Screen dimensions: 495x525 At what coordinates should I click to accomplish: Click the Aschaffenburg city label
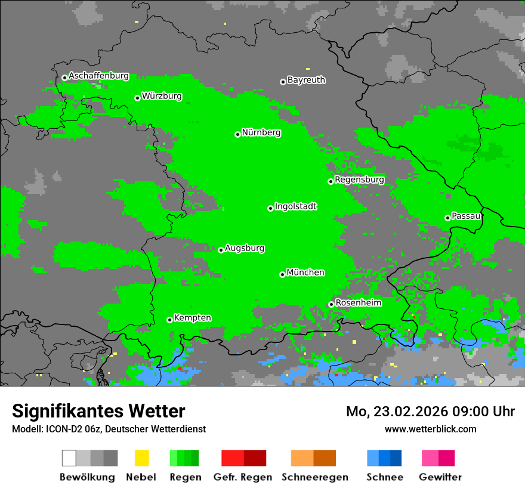98,76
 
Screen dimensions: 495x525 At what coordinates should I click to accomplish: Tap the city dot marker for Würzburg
137,98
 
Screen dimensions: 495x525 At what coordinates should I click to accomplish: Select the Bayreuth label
306,80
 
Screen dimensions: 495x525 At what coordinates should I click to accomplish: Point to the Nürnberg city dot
237,134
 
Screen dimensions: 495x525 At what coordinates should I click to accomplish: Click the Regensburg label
359,180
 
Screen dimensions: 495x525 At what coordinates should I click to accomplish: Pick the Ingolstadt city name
295,206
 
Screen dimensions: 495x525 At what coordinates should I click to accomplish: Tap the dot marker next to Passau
447,218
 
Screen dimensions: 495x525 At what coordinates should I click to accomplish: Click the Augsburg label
245,248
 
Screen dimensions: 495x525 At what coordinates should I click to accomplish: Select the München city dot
282,274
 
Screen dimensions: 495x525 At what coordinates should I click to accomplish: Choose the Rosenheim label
358,302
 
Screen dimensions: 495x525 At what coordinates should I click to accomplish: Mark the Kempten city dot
169,320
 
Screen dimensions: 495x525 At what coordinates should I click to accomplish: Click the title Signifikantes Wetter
98,412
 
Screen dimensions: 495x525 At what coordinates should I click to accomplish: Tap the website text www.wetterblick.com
430,429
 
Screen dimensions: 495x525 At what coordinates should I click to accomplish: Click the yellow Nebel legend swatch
141,458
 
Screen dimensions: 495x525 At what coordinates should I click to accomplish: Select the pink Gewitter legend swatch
438,458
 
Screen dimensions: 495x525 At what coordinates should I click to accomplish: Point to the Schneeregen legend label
314,477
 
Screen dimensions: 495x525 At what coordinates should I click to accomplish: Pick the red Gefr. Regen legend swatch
243,458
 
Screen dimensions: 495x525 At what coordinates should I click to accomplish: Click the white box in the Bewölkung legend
69,458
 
